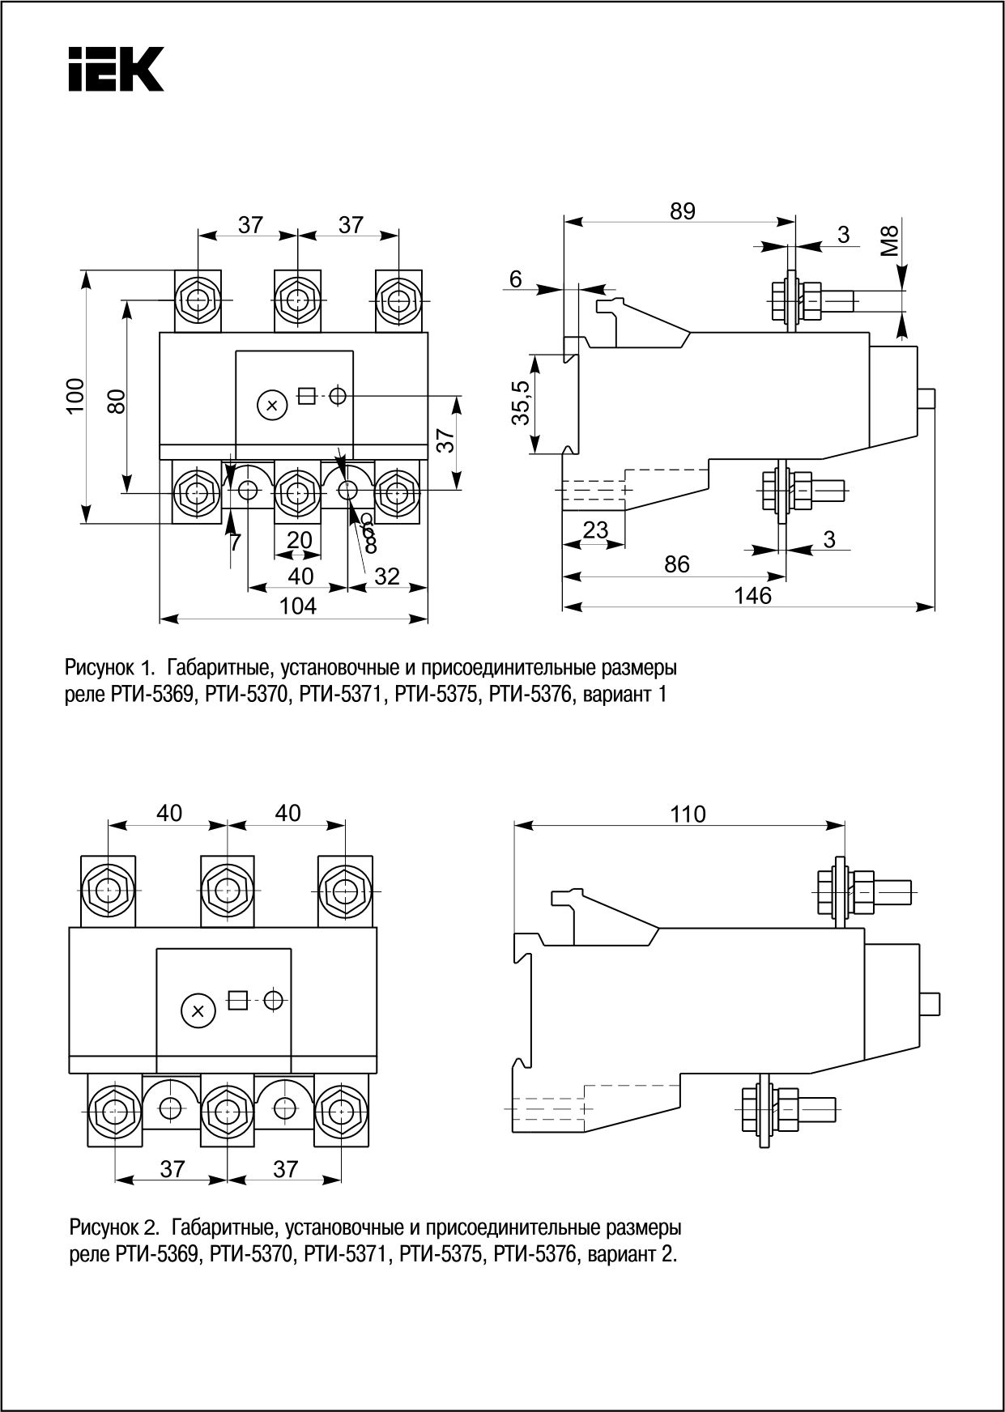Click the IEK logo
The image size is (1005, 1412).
click(116, 68)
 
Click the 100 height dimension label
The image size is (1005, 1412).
click(75, 395)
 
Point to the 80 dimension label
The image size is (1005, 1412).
click(117, 401)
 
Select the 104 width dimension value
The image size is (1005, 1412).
click(298, 606)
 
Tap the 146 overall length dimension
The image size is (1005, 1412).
click(752, 596)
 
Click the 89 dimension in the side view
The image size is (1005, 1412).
click(682, 211)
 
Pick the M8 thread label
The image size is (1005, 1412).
click(890, 241)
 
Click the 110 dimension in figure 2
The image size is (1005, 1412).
click(688, 814)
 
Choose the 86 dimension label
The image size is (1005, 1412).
click(676, 564)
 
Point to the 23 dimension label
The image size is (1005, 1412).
click(595, 530)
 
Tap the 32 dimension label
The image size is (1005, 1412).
click(387, 576)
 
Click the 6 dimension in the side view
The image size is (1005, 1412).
click(516, 279)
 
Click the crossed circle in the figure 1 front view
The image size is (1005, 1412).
click(272, 405)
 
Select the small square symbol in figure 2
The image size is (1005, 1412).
click(237, 1000)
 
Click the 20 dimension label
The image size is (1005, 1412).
click(300, 539)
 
